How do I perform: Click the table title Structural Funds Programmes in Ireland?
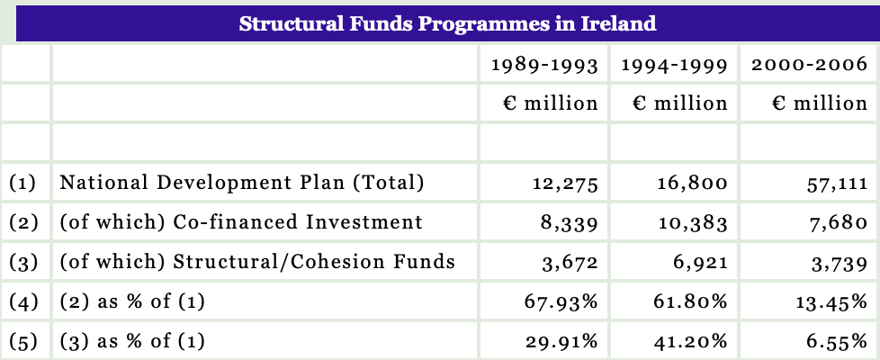(x=447, y=23)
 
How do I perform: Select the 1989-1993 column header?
(x=544, y=65)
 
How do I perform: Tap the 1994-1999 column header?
(x=674, y=65)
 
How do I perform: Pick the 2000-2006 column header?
(x=809, y=64)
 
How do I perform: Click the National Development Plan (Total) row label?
(x=242, y=183)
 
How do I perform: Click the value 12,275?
(x=565, y=184)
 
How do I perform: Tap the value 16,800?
(x=693, y=184)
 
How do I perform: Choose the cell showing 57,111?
(x=837, y=184)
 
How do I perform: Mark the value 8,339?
(x=569, y=223)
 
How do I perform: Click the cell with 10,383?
(x=693, y=223)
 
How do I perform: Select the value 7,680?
(x=838, y=223)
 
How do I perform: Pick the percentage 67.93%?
(x=561, y=302)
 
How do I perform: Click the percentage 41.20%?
(x=690, y=342)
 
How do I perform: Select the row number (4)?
(x=23, y=302)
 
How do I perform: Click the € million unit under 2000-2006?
(x=820, y=103)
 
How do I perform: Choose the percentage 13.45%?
(x=831, y=302)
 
